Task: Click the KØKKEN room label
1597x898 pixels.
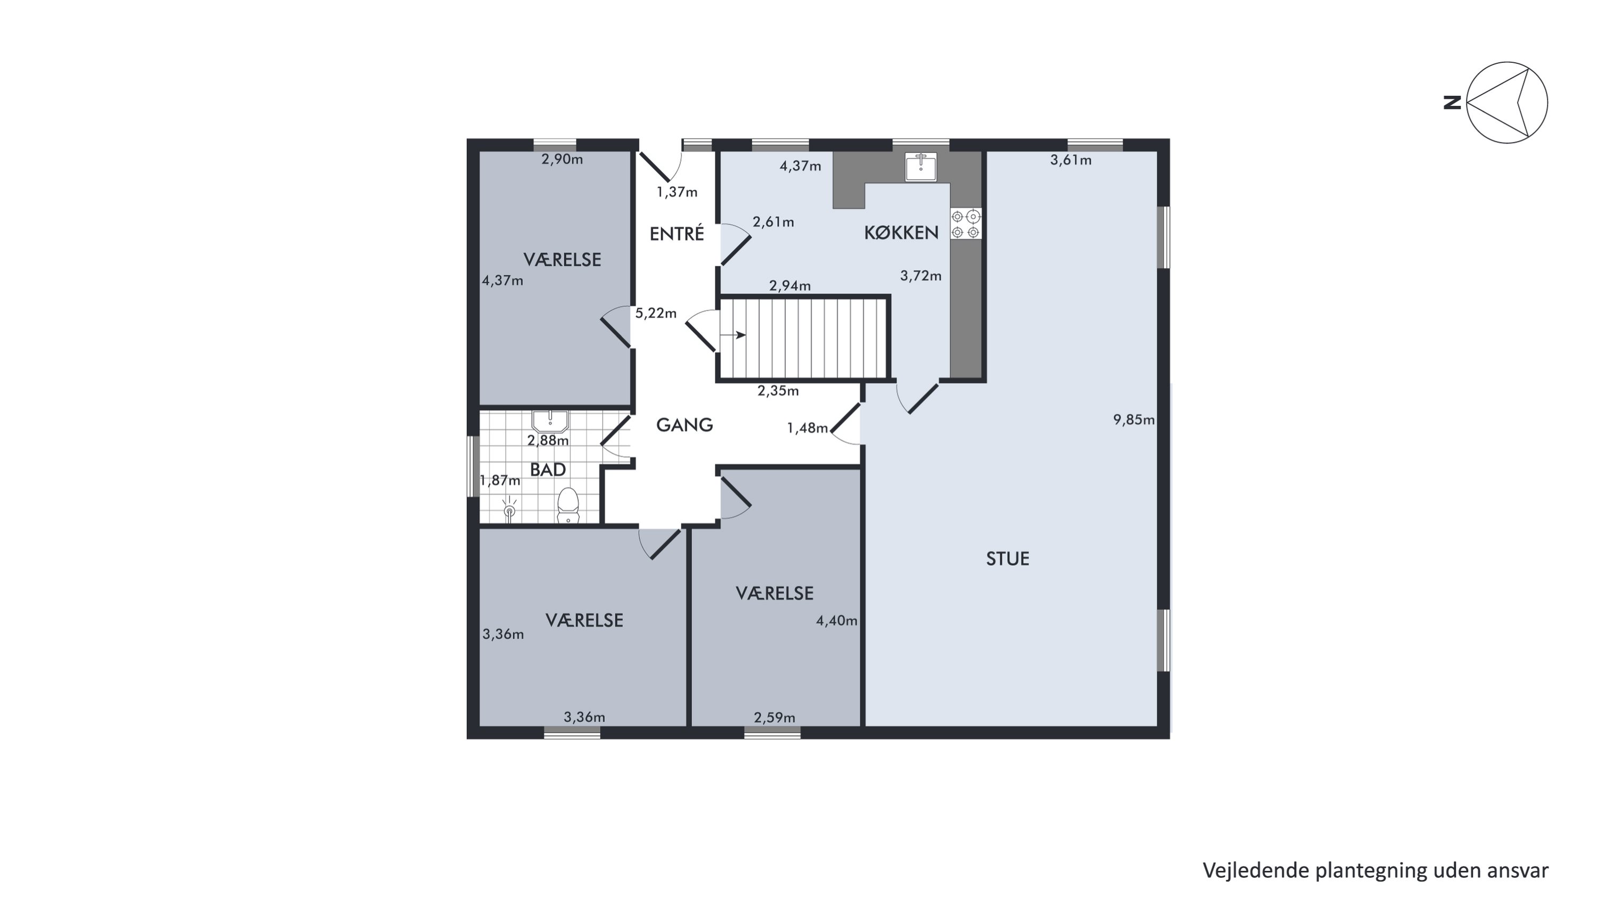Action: click(901, 233)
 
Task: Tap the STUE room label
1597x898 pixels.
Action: click(1007, 559)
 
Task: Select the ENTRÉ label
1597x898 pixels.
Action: click(677, 234)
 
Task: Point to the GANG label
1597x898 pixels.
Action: click(685, 425)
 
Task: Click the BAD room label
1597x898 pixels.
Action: click(548, 470)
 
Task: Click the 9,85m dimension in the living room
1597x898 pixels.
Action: click(1134, 419)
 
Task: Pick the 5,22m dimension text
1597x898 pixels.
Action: click(656, 313)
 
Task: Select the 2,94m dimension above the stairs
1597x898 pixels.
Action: click(790, 286)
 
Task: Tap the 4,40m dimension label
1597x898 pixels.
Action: click(837, 620)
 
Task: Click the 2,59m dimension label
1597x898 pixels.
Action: click(775, 718)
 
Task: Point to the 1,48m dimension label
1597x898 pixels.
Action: click(807, 427)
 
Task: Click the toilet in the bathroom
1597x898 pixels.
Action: click(568, 506)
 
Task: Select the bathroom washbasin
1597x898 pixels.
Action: click(550, 422)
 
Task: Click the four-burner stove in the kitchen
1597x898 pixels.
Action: click(966, 224)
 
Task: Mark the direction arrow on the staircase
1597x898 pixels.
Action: click(733, 335)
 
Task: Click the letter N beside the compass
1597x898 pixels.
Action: click(1452, 102)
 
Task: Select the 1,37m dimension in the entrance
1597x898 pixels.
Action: click(677, 192)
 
